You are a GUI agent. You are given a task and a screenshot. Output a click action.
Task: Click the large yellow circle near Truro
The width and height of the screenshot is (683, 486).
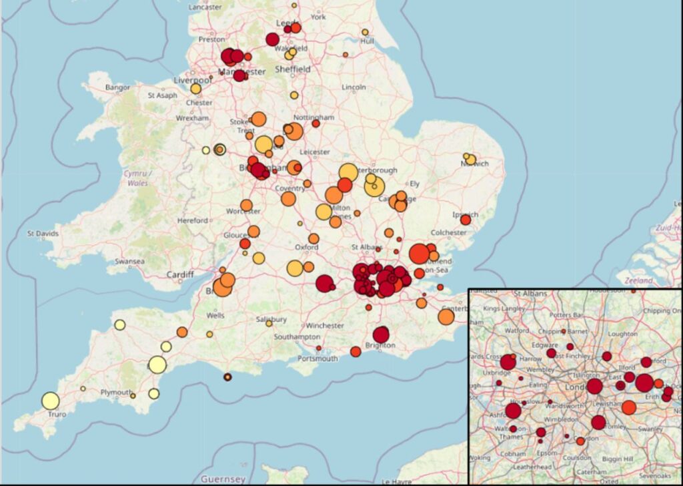pos(50,401)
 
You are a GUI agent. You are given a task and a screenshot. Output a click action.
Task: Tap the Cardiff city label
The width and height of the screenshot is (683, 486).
pos(180,274)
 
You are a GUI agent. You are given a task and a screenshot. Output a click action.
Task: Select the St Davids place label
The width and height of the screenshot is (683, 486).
pos(43,234)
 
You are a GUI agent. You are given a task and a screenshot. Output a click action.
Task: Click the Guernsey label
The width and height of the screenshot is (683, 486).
pos(223,479)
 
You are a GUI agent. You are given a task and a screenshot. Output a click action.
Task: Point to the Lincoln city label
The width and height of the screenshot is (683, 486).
pos(353,87)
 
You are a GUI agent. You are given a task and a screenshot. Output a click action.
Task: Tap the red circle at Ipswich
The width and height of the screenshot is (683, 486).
pos(466,219)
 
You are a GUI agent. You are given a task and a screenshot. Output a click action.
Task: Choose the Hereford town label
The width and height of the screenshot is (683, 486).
pos(193,220)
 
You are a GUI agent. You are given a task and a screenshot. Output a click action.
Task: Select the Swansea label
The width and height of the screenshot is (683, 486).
pos(129,261)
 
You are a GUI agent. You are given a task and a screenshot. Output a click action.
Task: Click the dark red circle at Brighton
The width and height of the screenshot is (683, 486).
pos(381,334)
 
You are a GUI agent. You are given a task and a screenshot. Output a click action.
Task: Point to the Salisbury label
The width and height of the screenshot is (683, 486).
pos(271,319)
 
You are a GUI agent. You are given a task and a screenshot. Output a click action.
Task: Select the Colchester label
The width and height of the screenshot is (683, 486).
pos(449,232)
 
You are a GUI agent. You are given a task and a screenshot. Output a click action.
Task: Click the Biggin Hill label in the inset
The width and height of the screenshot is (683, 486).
pos(616,459)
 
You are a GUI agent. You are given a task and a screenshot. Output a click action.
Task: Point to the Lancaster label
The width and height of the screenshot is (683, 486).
pos(205,7)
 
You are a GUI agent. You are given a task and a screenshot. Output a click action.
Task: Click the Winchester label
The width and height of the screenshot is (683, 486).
pos(326,326)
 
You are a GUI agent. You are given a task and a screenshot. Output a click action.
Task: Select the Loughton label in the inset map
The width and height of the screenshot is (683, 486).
pos(623,334)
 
